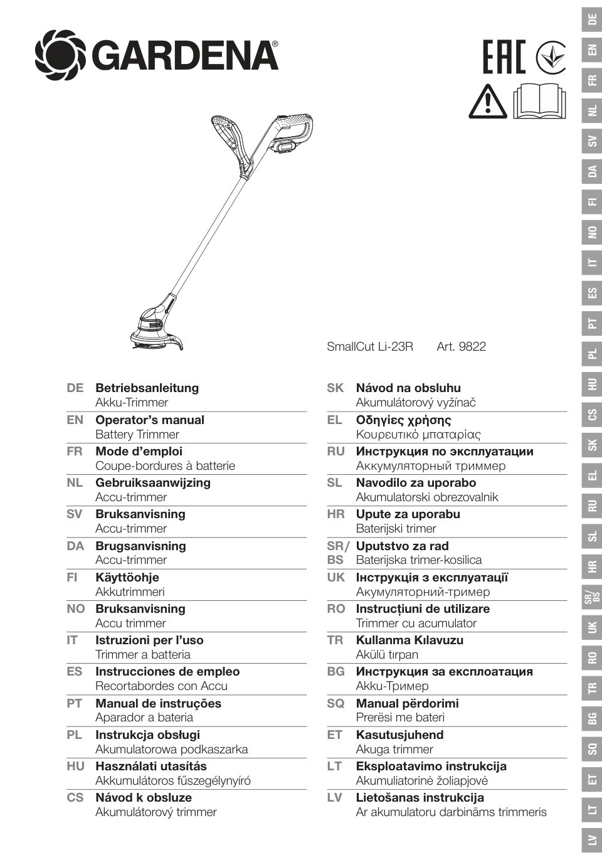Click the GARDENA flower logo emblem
point(60,55)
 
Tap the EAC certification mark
point(504,56)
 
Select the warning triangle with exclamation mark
point(487,101)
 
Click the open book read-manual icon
point(539,100)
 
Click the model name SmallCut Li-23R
point(370,346)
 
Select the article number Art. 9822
point(461,346)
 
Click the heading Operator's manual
point(149,420)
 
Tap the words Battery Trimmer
point(137,434)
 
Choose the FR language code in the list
point(74,452)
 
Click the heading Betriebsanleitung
point(147,388)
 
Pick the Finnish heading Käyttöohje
point(127,577)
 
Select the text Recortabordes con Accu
point(161,686)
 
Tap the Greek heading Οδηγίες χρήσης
point(403,420)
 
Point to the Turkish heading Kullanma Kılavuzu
point(409,640)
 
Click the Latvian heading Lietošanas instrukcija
point(420,797)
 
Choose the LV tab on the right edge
point(592,839)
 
